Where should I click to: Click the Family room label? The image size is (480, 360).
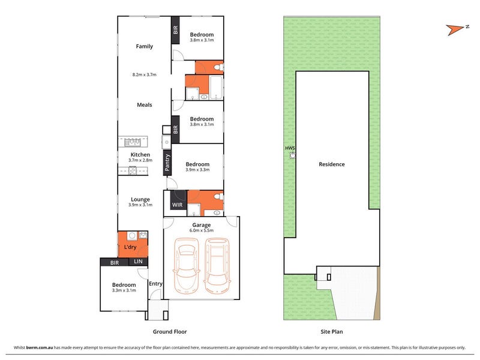click(x=144, y=46)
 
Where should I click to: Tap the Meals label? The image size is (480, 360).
click(x=145, y=104)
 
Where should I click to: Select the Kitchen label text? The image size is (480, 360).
click(x=140, y=155)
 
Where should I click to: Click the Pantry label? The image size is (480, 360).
click(x=167, y=162)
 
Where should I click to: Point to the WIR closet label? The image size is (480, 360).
click(x=177, y=205)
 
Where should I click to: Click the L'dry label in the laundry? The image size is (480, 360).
click(x=130, y=247)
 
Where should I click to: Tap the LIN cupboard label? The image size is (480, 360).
click(x=138, y=261)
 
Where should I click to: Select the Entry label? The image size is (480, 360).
click(x=155, y=284)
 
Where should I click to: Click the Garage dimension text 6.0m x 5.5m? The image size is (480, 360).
click(x=202, y=230)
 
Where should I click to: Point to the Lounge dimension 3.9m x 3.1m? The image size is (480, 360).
click(x=140, y=205)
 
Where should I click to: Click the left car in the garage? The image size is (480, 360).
click(x=186, y=266)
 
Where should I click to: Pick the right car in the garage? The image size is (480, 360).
click(x=217, y=266)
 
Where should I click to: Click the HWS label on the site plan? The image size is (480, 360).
click(x=290, y=148)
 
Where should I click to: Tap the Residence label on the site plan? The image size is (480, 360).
click(x=332, y=164)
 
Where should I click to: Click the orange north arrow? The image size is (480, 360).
click(x=455, y=29)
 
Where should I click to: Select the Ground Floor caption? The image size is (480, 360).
click(x=170, y=332)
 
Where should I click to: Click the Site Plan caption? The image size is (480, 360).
click(x=332, y=332)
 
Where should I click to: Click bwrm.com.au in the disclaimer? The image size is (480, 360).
click(x=40, y=347)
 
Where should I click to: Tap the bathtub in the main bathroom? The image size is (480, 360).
click(x=217, y=88)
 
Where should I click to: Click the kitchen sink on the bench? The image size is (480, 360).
click(x=133, y=142)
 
